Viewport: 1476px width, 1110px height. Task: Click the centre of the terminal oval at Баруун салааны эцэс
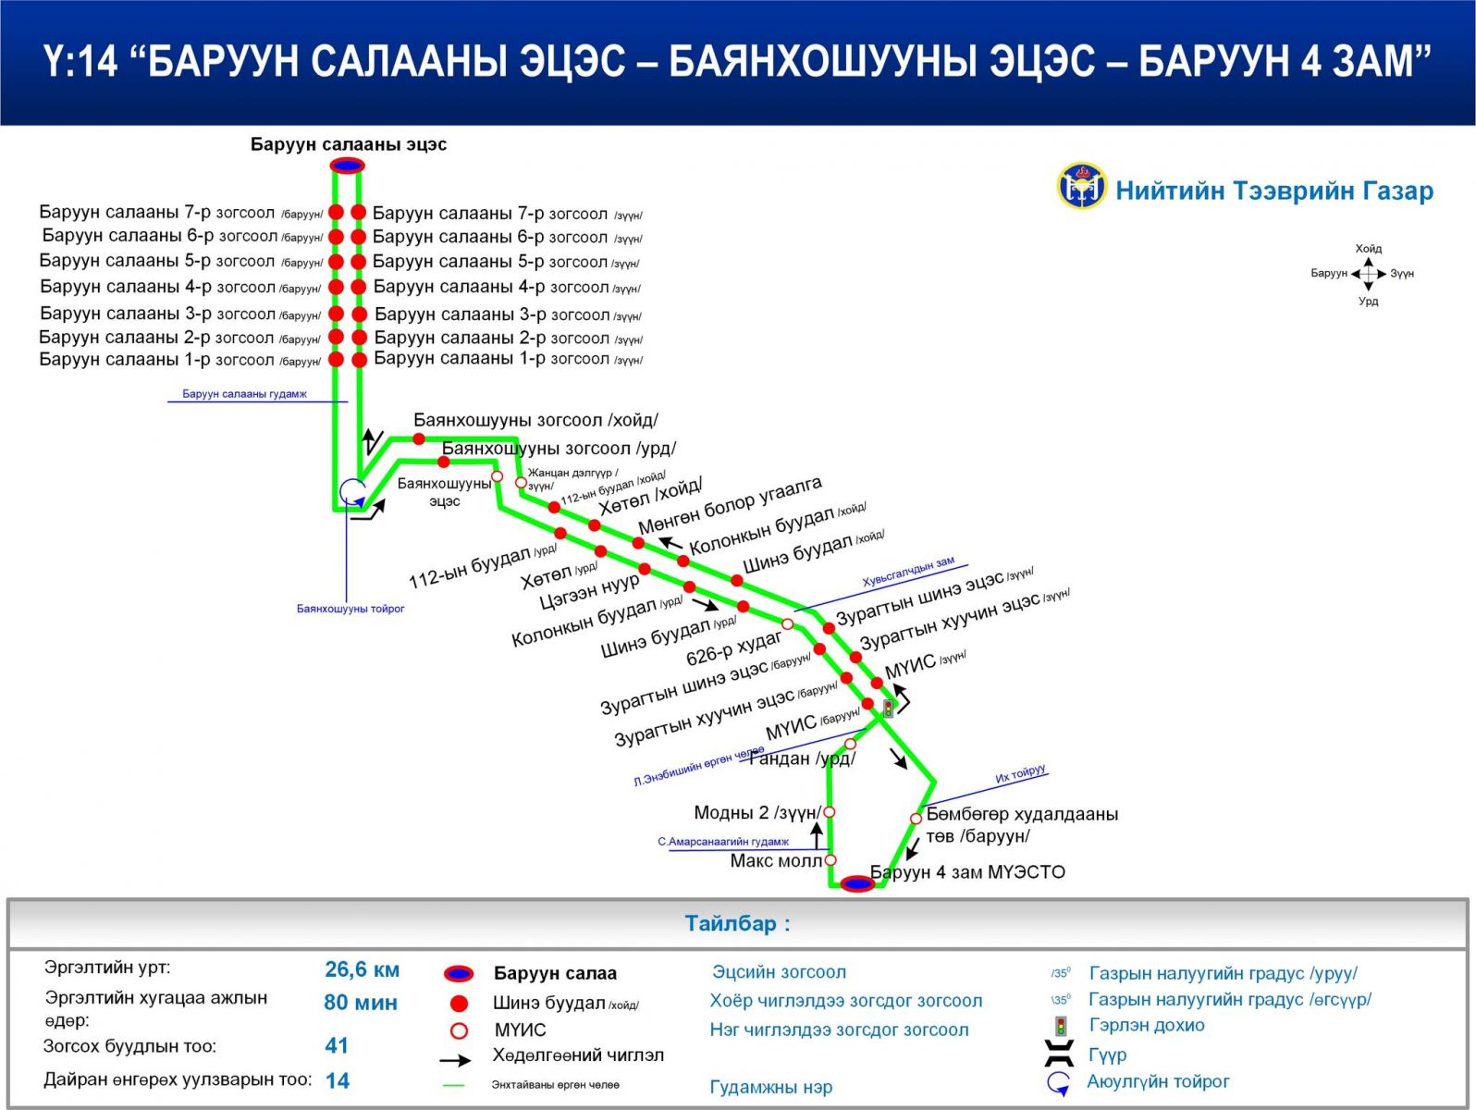(x=348, y=166)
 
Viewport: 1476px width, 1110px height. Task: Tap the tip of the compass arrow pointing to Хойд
(x=1368, y=257)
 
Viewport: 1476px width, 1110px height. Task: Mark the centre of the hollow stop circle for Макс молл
(x=830, y=860)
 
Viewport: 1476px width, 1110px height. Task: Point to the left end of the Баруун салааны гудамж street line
(x=167, y=402)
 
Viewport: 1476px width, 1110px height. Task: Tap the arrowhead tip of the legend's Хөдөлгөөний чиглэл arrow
(x=471, y=1060)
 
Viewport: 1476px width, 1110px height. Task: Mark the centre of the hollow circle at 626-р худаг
(x=787, y=624)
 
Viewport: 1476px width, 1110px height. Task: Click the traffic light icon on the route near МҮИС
(x=889, y=708)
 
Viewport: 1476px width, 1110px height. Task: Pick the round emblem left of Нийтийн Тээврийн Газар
(x=1081, y=186)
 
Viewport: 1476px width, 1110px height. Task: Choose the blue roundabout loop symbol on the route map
(x=351, y=491)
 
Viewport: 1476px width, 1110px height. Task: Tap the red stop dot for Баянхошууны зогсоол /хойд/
(x=419, y=439)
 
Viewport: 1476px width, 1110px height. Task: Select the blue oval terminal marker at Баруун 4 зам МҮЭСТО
(x=858, y=883)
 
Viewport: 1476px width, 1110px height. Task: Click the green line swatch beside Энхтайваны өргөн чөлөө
(x=454, y=1085)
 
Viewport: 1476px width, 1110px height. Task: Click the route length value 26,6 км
(x=362, y=969)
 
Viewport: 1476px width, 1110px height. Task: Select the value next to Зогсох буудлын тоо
(x=337, y=1045)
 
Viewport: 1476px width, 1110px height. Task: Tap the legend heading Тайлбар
(x=738, y=924)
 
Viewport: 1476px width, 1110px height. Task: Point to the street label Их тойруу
(x=1020, y=774)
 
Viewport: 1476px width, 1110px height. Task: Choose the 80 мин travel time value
(x=361, y=1003)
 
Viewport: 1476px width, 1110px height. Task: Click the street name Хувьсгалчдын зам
(x=908, y=572)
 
